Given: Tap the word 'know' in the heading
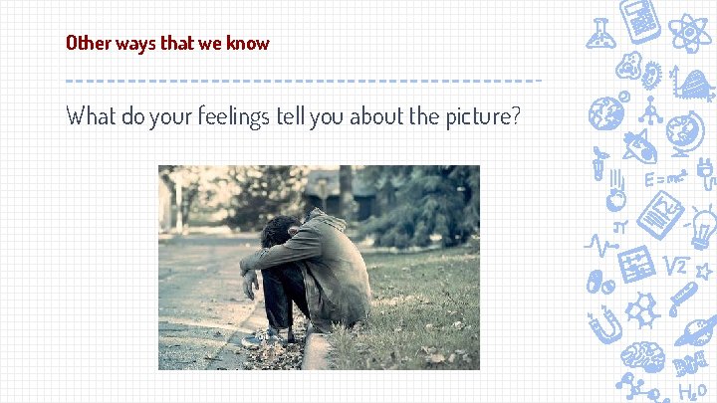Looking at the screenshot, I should coord(247,43).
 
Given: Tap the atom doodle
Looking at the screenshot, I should coord(691,31).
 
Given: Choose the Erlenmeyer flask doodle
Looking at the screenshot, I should coord(600,33).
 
